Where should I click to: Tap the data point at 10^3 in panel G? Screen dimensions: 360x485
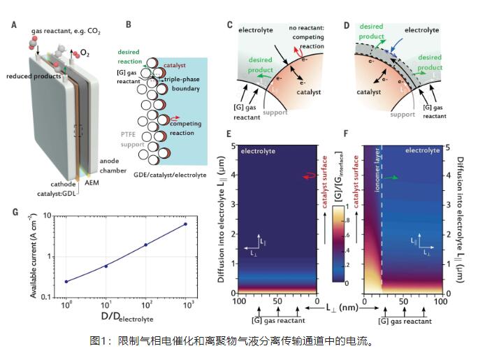click(185, 224)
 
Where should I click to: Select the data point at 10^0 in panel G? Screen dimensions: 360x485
click(66, 281)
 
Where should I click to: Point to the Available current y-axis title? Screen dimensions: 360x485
click(37, 256)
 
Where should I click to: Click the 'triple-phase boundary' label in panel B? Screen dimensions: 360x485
click(178, 85)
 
